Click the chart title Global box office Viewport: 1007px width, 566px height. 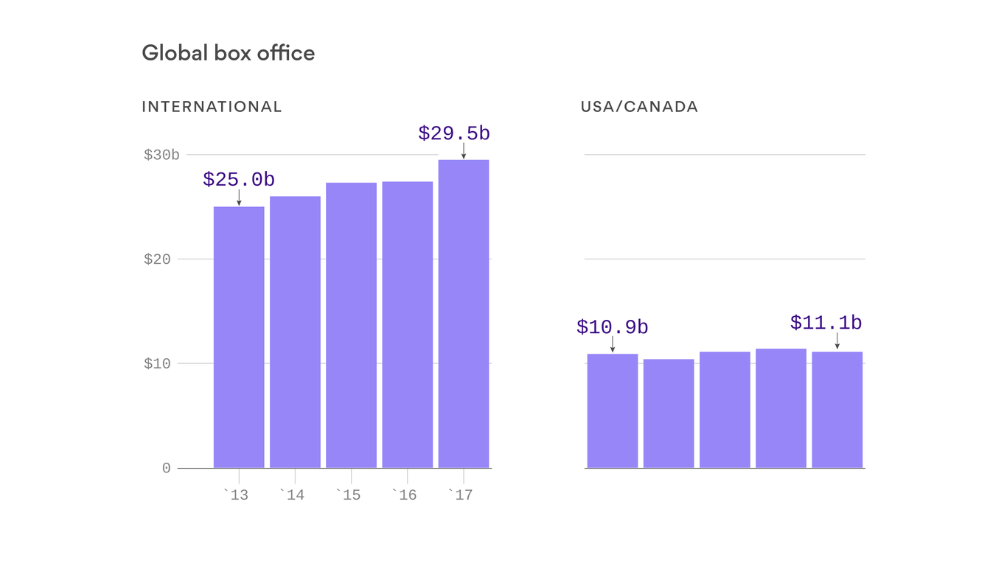(x=228, y=53)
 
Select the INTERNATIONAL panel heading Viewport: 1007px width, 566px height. (x=212, y=107)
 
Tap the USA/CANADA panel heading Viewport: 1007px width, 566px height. (x=639, y=107)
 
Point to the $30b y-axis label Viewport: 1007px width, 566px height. (x=161, y=155)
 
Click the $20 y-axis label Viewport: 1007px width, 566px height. (x=157, y=259)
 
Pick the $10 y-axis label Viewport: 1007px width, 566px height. (x=157, y=364)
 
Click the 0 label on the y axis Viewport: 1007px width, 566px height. (x=167, y=469)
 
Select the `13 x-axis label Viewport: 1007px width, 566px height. (x=236, y=495)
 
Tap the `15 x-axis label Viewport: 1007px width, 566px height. (x=348, y=495)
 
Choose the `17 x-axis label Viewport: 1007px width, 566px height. (x=460, y=495)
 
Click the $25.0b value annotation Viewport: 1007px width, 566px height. (x=239, y=180)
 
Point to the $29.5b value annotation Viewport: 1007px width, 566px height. (x=454, y=133)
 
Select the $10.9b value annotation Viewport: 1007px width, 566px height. (x=613, y=327)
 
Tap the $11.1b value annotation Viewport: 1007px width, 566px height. (x=826, y=323)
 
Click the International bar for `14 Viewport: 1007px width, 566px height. (x=295, y=332)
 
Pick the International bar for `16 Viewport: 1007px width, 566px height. (x=408, y=324)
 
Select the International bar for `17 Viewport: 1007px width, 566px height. (x=464, y=313)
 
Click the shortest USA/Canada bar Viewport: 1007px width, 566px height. (x=669, y=413)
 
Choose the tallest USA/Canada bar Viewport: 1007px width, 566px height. (x=781, y=408)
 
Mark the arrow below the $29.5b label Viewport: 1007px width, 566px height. (x=464, y=151)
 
